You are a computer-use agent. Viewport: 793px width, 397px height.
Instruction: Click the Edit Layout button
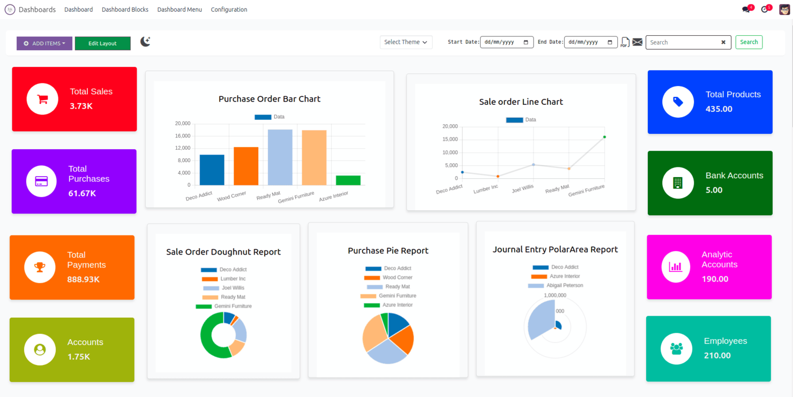coord(102,43)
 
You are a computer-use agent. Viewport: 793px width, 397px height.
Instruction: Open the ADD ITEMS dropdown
coord(44,43)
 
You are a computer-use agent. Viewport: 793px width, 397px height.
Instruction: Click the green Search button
coord(749,42)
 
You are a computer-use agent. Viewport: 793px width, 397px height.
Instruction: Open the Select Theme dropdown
coord(406,42)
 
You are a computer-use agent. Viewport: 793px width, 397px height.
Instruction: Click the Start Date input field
coord(506,42)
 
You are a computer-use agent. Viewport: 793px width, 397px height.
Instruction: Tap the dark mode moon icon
coord(145,42)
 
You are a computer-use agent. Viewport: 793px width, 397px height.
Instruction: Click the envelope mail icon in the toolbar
coord(637,42)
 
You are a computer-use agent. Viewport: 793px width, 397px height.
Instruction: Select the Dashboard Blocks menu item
coord(125,10)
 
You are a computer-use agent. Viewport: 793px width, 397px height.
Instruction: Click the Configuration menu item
coord(229,10)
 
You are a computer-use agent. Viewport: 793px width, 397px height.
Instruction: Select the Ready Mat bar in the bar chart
coord(280,157)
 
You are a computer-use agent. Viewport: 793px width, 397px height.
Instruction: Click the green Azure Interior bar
coord(348,180)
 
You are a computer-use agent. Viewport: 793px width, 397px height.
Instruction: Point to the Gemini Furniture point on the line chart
coord(604,137)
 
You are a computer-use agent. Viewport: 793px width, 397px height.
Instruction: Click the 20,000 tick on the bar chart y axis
coord(183,124)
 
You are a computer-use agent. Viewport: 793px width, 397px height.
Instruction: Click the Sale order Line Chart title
coord(521,102)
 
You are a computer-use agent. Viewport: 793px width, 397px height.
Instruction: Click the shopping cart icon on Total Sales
coord(42,99)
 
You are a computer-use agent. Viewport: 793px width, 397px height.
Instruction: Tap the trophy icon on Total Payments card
coord(40,267)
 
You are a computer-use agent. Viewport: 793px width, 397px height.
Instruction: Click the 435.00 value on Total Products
coord(719,109)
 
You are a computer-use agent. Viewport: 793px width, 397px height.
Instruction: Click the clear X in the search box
coord(723,42)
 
